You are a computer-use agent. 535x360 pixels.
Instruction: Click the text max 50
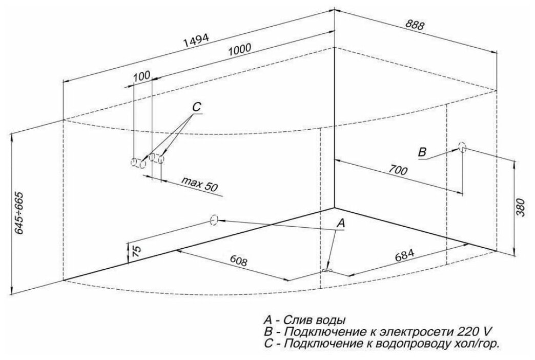point(198,184)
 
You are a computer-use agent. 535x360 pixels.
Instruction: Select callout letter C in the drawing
point(197,107)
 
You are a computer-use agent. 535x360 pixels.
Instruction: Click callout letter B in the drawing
point(422,152)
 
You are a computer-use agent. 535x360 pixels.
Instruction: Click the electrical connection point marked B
point(463,147)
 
